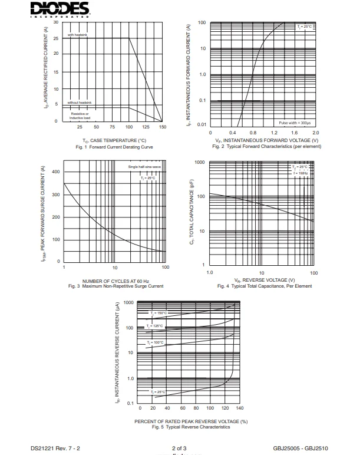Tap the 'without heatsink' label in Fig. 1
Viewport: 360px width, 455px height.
point(80,103)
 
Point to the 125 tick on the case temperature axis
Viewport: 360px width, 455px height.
point(146,127)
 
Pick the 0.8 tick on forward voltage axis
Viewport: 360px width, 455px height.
point(253,133)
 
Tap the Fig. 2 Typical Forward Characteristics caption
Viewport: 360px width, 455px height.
point(267,146)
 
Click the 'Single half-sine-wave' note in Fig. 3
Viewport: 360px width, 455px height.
point(144,167)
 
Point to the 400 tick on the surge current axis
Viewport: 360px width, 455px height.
point(57,172)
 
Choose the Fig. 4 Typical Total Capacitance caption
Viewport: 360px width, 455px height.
point(265,286)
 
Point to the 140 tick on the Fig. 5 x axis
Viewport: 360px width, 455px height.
point(239,407)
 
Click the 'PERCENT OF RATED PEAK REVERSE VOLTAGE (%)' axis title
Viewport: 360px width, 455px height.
point(191,421)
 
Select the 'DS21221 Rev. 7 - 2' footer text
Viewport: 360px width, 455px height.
point(55,449)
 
